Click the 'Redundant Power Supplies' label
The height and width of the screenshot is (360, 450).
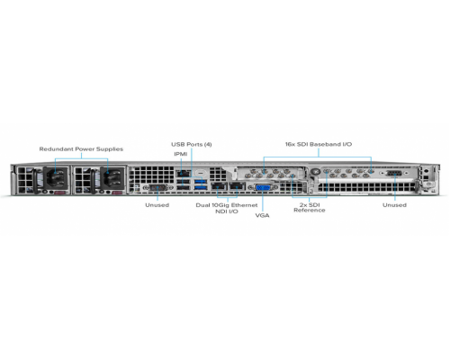click(81, 149)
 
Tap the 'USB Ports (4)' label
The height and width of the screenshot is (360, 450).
click(192, 144)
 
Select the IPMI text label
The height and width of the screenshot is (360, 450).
click(181, 154)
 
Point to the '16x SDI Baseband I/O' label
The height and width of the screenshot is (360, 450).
click(319, 144)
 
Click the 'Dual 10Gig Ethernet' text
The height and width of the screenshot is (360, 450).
click(227, 205)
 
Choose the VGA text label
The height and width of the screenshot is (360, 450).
click(262, 215)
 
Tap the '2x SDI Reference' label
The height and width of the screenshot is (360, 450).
click(310, 208)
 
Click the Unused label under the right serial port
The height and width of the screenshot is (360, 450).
click(394, 205)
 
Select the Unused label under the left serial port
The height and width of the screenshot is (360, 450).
click(157, 205)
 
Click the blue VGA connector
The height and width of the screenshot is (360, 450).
click(263, 188)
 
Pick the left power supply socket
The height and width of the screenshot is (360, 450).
click(56, 177)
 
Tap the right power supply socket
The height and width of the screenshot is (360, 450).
click(112, 177)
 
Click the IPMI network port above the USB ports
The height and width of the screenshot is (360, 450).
click(184, 174)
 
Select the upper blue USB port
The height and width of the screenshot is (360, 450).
click(201, 181)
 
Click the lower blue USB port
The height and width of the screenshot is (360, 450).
click(201, 188)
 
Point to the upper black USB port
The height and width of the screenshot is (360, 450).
click(184, 182)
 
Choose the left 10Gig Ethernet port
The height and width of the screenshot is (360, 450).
click(219, 186)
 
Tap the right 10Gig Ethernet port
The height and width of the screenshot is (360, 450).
click(237, 186)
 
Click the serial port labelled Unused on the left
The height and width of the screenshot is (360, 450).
click(158, 188)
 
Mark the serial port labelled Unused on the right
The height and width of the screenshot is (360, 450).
click(394, 174)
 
